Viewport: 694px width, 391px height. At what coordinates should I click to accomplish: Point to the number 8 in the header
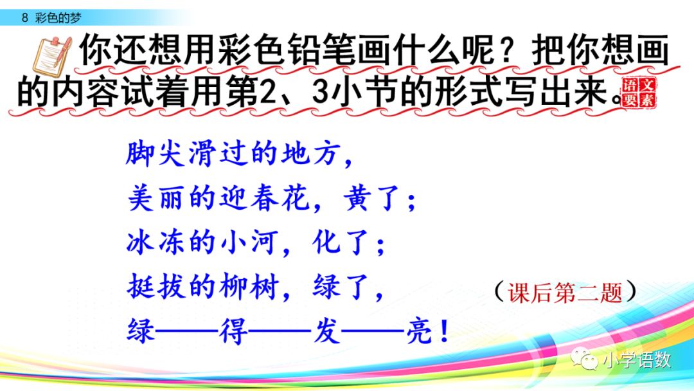coord(24,18)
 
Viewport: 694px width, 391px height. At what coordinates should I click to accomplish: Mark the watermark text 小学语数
coord(636,361)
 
